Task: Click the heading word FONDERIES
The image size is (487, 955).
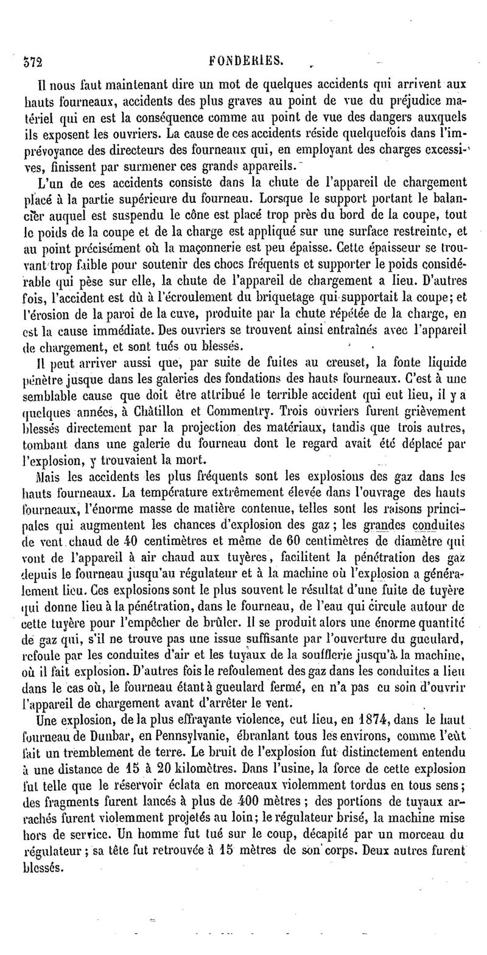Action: tap(246, 60)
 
